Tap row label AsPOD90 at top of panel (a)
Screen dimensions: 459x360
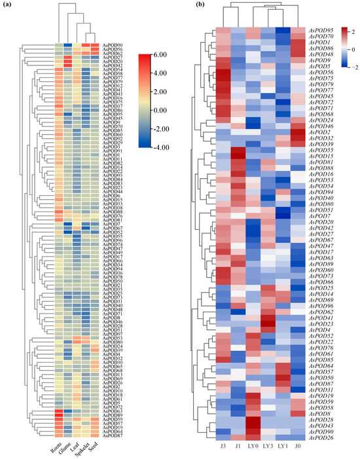[113, 44]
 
